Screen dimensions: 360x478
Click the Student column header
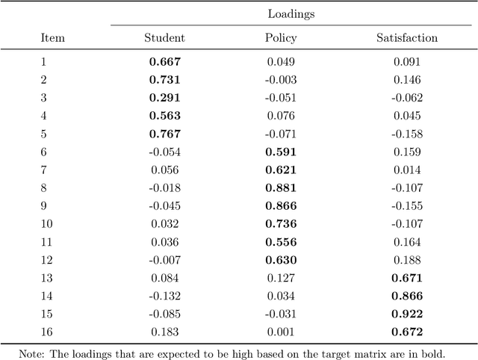point(164,37)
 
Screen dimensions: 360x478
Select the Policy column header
point(281,37)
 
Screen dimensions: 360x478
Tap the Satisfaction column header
point(407,37)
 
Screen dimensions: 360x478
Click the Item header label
point(52,37)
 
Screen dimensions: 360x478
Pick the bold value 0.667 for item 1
point(164,62)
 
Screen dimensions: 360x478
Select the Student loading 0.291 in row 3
point(164,98)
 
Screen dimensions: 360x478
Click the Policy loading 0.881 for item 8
point(281,187)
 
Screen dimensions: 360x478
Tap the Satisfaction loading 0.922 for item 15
point(407,314)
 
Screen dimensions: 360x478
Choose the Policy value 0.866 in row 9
point(281,205)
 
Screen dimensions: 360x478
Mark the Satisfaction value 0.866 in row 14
point(407,296)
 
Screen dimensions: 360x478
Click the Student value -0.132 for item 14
point(164,296)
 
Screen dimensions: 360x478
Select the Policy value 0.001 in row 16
point(281,332)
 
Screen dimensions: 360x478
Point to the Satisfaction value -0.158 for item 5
point(407,134)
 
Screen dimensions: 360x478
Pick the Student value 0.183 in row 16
point(164,332)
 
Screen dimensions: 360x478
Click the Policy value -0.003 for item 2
point(280,80)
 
